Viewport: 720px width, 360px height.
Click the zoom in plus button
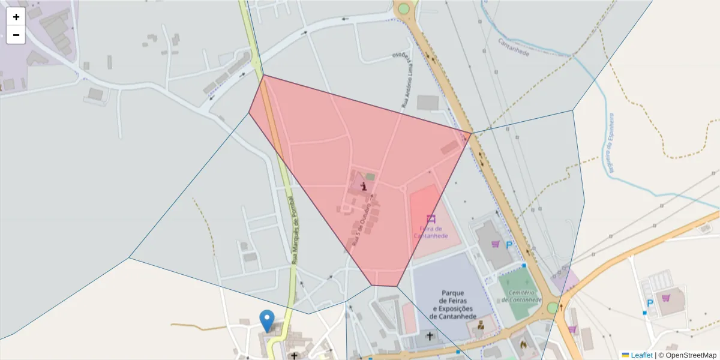click(16, 17)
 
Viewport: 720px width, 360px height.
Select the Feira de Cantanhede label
click(430, 232)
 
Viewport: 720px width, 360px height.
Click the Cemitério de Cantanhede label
click(521, 296)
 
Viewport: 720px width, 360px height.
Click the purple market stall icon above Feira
click(430, 218)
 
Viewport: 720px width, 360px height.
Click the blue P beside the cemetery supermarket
click(509, 245)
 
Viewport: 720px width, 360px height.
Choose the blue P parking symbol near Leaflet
click(649, 303)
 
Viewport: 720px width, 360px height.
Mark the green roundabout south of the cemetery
click(552, 308)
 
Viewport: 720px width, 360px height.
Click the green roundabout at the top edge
click(404, 8)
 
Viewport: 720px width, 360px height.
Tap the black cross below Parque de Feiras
click(430, 336)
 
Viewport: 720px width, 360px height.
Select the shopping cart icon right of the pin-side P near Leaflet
click(666, 298)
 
